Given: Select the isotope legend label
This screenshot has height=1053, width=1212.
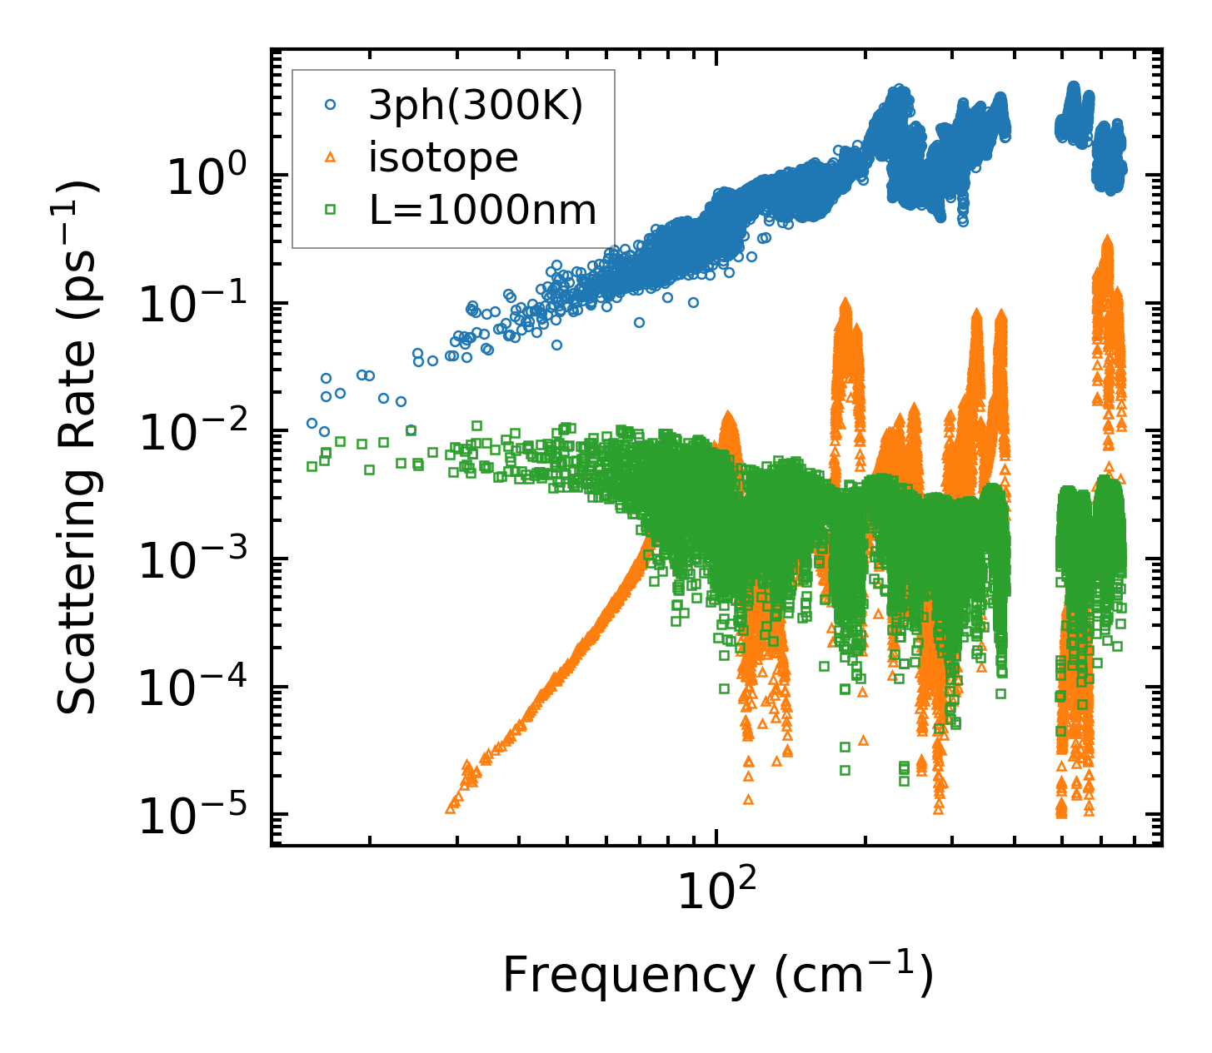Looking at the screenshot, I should pos(443,157).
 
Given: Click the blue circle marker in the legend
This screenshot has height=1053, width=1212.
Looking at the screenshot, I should pos(330,105).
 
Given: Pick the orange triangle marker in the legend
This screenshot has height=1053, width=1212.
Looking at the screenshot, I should pos(330,157).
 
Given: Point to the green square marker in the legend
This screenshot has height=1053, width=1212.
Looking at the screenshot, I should pos(330,210).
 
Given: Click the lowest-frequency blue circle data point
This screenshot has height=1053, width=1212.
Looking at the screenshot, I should pos(312,423).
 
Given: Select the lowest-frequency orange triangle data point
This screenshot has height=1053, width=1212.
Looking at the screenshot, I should pos(451,807).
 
